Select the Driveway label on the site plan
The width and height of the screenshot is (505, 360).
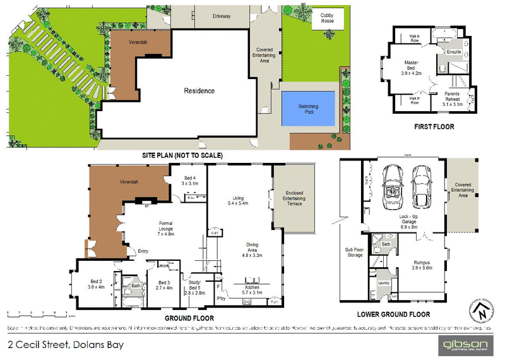222,16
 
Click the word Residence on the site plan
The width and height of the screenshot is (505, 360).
199,90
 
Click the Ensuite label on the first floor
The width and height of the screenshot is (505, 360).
454,51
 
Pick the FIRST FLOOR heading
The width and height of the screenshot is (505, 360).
434,126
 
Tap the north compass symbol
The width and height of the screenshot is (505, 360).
482,311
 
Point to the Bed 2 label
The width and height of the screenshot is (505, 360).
97,284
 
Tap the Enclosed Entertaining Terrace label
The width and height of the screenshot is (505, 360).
295,200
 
